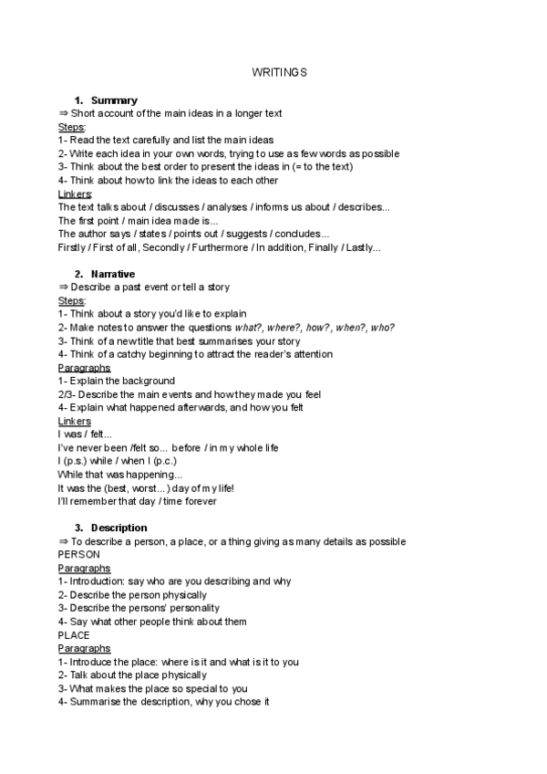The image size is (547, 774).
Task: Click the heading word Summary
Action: tap(114, 99)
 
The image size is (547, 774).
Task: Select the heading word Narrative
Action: tap(113, 274)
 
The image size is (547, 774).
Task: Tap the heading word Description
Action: tap(119, 528)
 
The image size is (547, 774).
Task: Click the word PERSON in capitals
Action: tap(78, 554)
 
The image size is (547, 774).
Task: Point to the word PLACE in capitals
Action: tap(74, 634)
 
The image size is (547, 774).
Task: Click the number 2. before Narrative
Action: tap(79, 274)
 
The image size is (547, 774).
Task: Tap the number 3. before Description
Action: tap(79, 528)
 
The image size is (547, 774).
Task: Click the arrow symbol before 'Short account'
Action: tap(62, 113)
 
